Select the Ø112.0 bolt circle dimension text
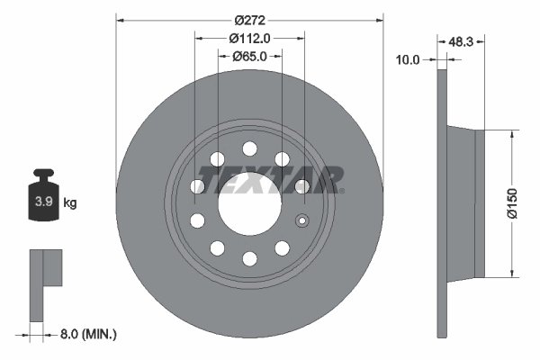tap(249, 38)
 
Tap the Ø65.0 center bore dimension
tap(249, 56)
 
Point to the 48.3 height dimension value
tap(462, 41)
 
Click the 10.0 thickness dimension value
tap(409, 59)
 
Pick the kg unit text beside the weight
tap(70, 202)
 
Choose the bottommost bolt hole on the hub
tap(249, 258)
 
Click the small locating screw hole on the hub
tap(302, 221)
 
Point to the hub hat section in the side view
tap(466, 202)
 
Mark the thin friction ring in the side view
tap(441, 202)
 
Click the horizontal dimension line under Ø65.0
tap(249, 64)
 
